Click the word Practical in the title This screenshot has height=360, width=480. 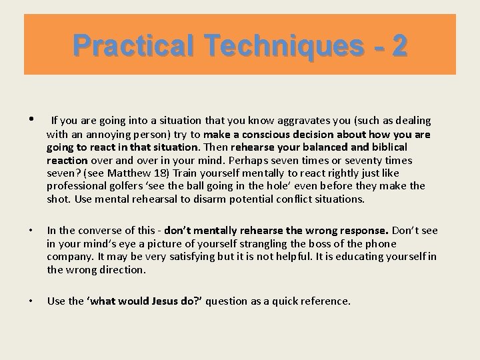[x=124, y=46]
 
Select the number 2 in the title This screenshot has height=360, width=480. [x=399, y=46]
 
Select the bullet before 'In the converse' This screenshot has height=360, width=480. [x=31, y=231]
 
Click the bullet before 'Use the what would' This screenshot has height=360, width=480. [x=31, y=301]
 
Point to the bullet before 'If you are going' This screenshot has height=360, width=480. [x=31, y=120]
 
